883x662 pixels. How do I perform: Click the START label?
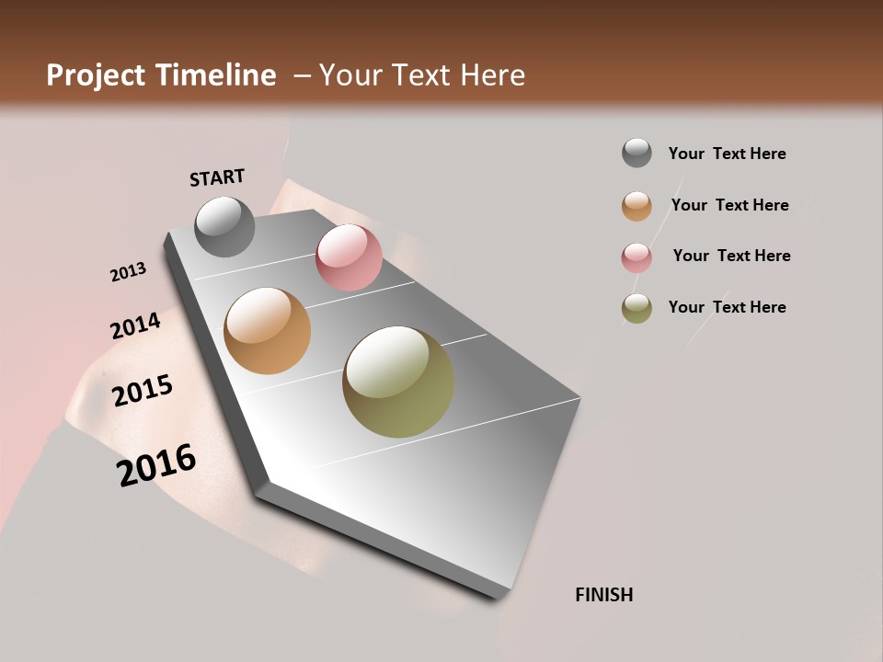(217, 177)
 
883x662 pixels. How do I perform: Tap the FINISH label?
(604, 595)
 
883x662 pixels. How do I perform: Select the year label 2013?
(128, 271)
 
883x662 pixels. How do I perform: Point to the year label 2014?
(135, 325)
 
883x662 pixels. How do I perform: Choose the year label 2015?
(143, 391)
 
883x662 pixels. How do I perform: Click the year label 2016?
(156, 465)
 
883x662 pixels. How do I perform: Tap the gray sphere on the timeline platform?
(224, 226)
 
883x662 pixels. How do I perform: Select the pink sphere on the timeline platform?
(349, 257)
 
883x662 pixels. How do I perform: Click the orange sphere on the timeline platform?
(267, 331)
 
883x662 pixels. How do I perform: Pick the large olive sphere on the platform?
(398, 382)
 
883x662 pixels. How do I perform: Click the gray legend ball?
(636, 153)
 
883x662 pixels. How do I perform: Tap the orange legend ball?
(636, 206)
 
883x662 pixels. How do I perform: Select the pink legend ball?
(636, 257)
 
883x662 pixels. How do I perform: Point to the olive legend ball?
(636, 308)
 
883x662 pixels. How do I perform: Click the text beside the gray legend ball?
(727, 154)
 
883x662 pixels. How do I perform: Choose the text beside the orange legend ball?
(729, 205)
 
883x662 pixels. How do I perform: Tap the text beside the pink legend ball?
(731, 256)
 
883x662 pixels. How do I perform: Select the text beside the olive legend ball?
(727, 307)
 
